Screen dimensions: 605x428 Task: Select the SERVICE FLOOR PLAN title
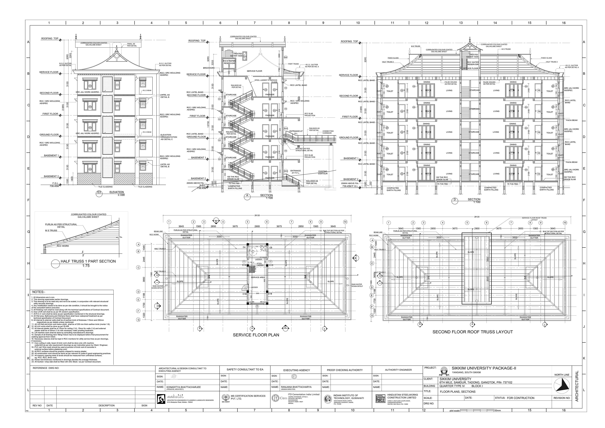(256, 335)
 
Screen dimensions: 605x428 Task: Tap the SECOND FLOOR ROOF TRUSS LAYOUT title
(472, 332)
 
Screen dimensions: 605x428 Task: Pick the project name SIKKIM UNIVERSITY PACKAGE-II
(484, 368)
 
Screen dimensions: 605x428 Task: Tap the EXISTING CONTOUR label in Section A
(323, 172)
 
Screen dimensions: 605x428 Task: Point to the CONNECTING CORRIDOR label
(328, 132)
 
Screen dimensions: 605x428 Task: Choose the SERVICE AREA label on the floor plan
(258, 278)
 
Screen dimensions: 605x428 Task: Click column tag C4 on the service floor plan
(244, 247)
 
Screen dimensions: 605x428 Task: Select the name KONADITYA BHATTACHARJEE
(183, 387)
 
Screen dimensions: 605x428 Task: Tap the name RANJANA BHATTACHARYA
(296, 387)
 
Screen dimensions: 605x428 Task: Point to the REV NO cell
(37, 406)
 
